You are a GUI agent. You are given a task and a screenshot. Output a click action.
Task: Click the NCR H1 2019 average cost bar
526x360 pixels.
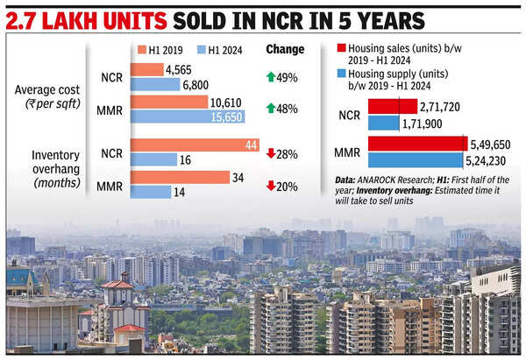(146, 69)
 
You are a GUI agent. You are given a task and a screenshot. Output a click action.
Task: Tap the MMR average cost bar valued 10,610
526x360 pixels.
(168, 102)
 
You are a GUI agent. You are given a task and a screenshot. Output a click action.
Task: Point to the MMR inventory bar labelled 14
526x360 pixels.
(150, 191)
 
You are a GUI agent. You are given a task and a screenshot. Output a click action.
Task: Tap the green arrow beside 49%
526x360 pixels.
(270, 77)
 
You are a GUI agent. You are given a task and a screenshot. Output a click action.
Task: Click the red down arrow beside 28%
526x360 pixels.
(270, 153)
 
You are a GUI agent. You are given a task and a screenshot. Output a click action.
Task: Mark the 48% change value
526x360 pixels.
(287, 109)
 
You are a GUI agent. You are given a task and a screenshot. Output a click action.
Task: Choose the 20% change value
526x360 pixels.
(287, 186)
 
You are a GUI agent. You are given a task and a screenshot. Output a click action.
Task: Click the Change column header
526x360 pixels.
(286, 49)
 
